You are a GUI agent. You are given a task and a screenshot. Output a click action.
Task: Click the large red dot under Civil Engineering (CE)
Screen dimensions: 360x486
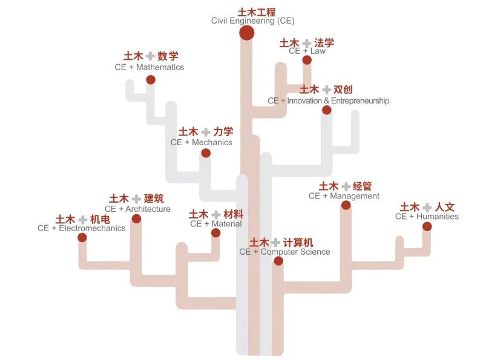point(246,33)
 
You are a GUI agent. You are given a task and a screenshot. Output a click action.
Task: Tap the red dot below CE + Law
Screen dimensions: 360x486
point(307,60)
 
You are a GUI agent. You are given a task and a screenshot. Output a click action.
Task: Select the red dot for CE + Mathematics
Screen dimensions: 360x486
point(151,79)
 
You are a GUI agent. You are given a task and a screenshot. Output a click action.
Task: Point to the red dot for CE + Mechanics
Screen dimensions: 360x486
point(206,153)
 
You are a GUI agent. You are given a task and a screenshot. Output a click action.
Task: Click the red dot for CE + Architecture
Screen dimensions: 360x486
point(136,219)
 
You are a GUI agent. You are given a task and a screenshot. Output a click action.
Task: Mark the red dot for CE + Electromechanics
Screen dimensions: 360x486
point(82,238)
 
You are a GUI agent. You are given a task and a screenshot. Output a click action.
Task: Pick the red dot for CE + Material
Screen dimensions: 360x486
point(215,233)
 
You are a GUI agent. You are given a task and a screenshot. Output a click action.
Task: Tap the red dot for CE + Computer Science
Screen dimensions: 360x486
point(278,261)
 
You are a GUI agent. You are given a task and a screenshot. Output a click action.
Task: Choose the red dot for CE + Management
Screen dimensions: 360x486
point(346,205)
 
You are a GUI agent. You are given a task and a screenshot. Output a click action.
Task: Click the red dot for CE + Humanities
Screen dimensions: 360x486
point(427,226)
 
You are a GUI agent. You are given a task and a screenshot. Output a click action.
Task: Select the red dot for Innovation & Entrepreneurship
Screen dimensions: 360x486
point(327,110)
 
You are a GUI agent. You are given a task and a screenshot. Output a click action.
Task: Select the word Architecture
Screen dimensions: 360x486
point(148,209)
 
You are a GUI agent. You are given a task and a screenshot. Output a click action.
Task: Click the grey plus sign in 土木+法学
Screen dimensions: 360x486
point(307,43)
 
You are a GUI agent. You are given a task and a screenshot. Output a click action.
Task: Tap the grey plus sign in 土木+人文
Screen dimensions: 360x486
point(427,207)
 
